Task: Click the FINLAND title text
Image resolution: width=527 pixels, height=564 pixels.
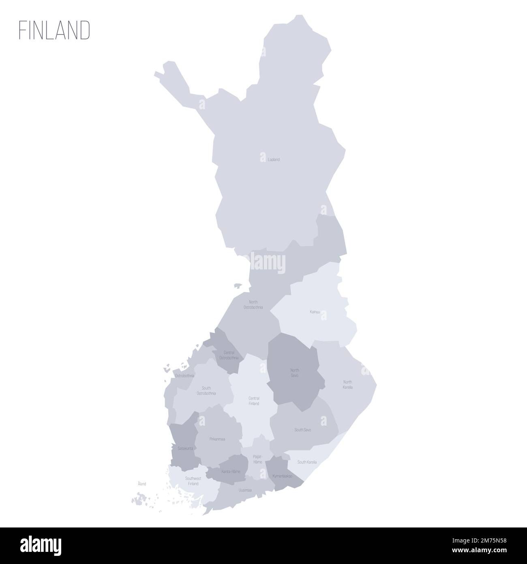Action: pos(54,30)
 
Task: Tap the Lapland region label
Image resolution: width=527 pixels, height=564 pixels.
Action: pos(274,160)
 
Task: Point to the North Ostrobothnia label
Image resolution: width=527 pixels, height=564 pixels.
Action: pos(253,305)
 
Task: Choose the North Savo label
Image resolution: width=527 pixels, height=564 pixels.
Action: pos(294,372)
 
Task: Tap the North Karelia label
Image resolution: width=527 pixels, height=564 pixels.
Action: pos(347,384)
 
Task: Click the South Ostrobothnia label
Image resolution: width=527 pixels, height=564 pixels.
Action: pos(206,390)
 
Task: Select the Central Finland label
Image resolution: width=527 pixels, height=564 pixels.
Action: pos(254,401)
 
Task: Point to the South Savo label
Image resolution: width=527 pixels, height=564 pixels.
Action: pos(303,429)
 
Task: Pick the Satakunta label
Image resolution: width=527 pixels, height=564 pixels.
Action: pos(185,448)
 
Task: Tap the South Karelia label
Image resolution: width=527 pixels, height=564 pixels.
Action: pos(307,462)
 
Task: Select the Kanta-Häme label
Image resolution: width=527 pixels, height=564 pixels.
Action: pos(231,471)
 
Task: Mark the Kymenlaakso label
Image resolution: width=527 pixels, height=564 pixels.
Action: pos(283,476)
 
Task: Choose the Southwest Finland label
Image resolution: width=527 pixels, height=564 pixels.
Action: pos(193,481)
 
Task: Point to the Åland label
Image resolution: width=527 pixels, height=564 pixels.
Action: pos(141,484)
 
